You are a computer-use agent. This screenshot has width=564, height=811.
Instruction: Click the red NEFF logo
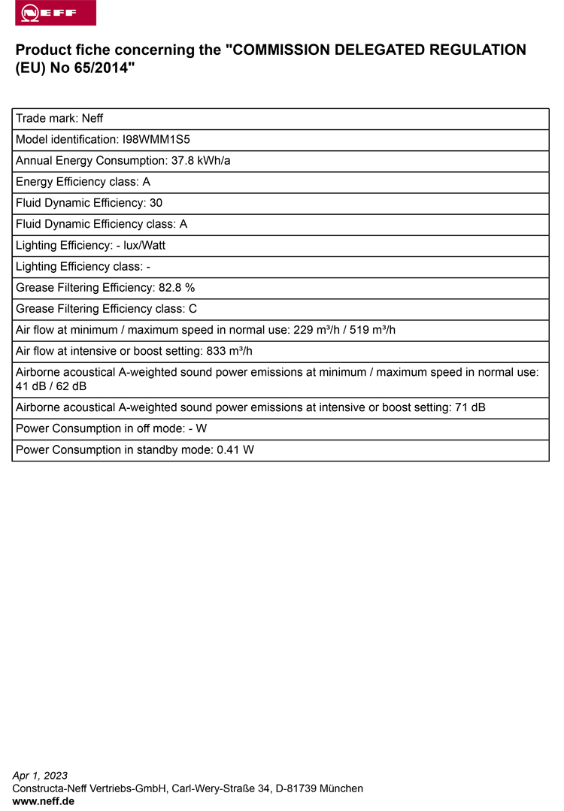(x=56, y=13)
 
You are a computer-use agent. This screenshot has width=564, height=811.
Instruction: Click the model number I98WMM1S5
(x=150, y=140)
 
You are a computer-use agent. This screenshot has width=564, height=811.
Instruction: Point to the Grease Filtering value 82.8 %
(x=177, y=287)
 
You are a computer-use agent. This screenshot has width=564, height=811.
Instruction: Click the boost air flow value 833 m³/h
(x=229, y=350)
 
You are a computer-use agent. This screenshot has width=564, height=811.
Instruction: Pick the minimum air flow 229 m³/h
(x=316, y=329)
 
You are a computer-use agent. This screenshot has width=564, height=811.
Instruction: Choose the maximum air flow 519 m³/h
(x=372, y=329)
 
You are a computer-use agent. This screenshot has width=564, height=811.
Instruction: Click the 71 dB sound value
(x=470, y=407)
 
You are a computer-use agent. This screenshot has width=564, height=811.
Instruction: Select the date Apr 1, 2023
(x=40, y=776)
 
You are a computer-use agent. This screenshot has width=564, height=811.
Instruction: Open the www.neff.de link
(x=43, y=801)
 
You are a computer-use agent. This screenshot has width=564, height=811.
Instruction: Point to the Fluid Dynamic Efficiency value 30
(x=156, y=203)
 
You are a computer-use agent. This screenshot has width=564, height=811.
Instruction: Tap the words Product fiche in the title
(x=62, y=50)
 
